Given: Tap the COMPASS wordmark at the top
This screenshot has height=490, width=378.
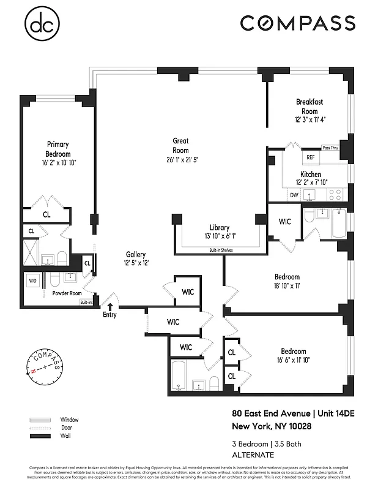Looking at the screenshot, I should (x=297, y=23).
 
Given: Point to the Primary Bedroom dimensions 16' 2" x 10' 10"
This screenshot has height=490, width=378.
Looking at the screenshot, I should (x=57, y=163).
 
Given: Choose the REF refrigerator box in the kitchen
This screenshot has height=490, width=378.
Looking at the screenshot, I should (x=310, y=157).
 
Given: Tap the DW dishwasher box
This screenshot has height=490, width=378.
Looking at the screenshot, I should (x=294, y=195).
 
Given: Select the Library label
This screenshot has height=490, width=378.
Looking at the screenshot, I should (x=218, y=227).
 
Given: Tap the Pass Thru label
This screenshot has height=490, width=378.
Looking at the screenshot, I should (x=330, y=148).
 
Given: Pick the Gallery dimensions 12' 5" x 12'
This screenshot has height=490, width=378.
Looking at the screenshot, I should (x=135, y=263).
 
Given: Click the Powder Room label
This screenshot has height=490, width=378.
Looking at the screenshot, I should (x=67, y=293).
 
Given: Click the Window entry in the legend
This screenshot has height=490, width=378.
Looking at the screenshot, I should (x=69, y=420).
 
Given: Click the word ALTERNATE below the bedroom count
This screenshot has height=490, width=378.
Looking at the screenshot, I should (x=252, y=454).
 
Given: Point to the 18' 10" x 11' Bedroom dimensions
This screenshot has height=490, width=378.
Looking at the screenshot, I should (x=286, y=285).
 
